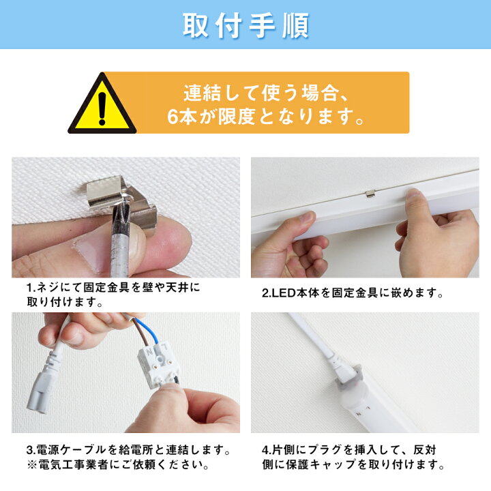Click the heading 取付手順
245,25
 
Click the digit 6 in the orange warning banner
173,117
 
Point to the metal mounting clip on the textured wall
122,200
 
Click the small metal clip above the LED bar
370,194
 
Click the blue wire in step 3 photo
152,330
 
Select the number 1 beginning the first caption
29,287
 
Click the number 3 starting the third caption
30,450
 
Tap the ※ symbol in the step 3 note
31,464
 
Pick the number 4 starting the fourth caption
265,450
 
